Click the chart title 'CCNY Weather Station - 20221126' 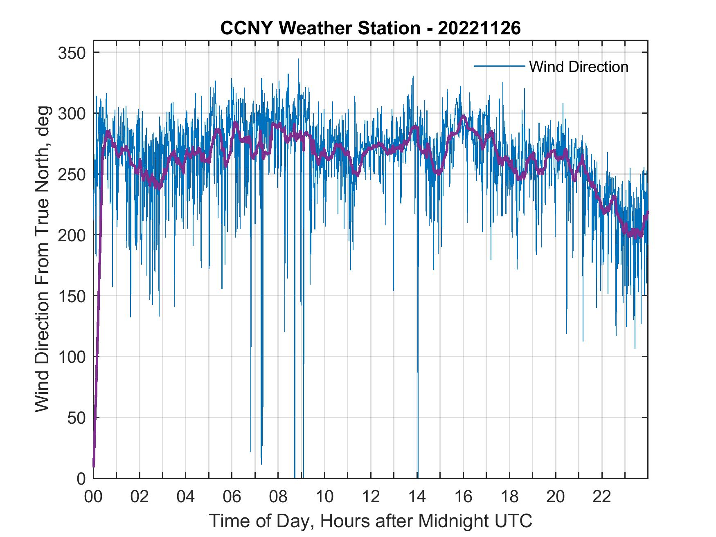(370, 28)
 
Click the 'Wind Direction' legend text (579, 67)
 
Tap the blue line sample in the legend (499, 66)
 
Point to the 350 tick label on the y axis (72, 53)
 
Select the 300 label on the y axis (72, 113)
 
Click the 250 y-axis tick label (72, 174)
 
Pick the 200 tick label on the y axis (72, 235)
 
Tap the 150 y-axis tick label (72, 296)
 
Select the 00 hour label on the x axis (93, 497)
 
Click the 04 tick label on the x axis (186, 497)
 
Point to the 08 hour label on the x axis (278, 497)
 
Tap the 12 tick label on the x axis (371, 497)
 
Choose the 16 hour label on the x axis (463, 497)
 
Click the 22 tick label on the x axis (602, 497)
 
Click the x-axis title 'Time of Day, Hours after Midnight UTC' (370, 521)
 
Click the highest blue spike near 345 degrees (298, 60)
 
